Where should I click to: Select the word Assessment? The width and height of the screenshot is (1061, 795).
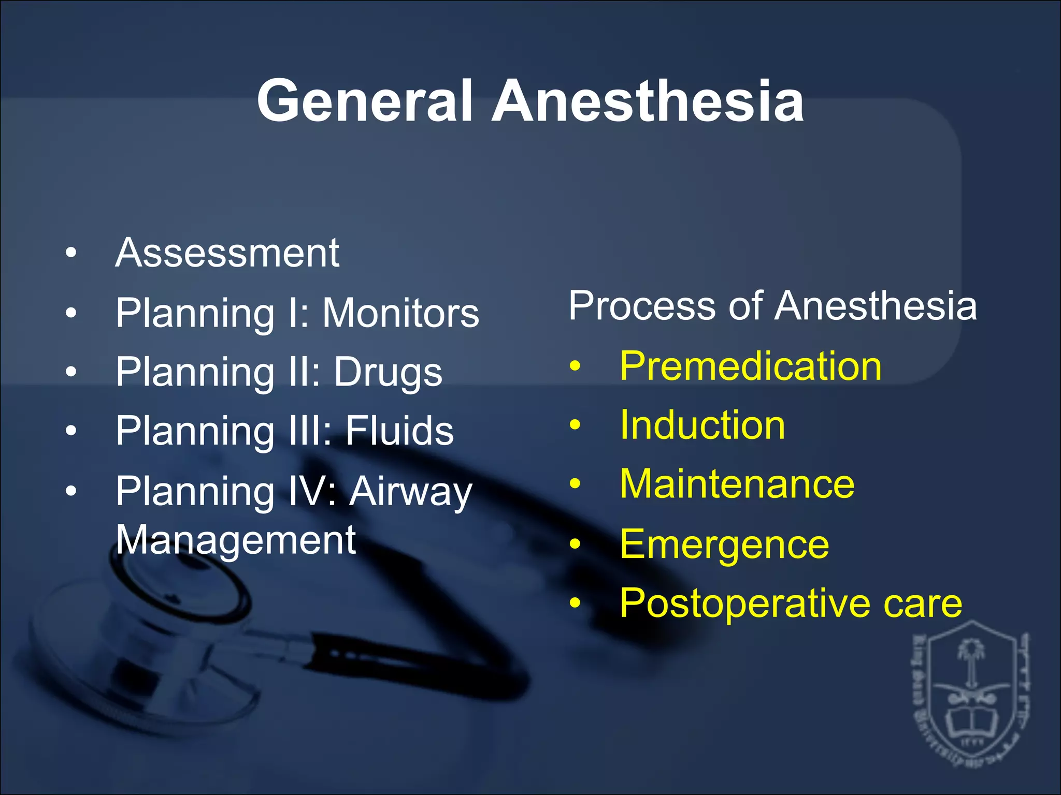click(227, 253)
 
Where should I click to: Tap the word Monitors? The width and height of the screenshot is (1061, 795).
click(400, 313)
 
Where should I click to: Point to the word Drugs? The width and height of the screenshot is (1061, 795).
click(388, 372)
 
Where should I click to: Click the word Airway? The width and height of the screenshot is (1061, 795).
click(410, 491)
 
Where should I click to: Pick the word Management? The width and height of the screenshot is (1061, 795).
click(236, 540)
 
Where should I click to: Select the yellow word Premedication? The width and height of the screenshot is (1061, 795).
click(750, 366)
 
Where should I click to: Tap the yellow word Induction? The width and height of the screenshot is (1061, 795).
click(702, 425)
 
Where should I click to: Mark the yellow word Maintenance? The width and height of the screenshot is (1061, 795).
click(737, 484)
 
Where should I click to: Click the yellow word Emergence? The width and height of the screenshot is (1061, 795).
click(724, 544)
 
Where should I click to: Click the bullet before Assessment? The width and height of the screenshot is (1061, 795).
click(71, 254)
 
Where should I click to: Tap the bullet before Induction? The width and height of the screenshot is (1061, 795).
click(575, 425)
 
